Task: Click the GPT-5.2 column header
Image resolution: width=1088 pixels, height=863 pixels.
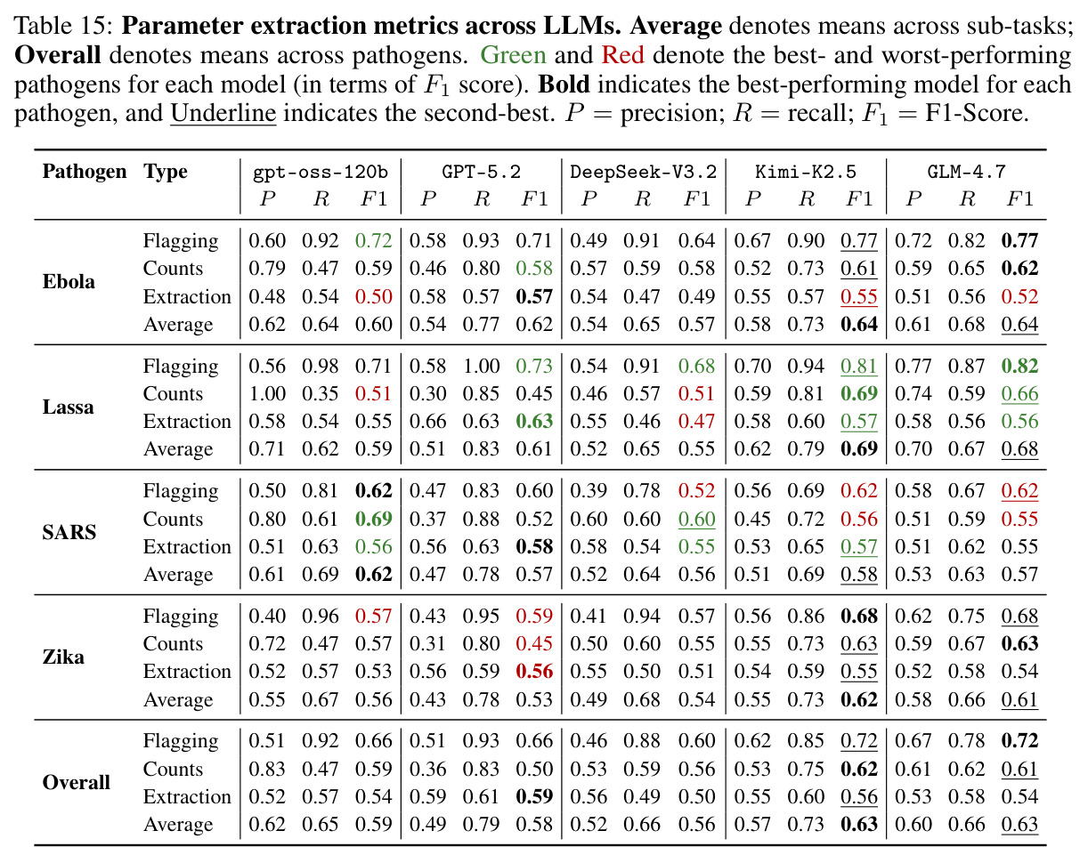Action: (x=481, y=172)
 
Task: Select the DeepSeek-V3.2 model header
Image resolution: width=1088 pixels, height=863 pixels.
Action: (x=643, y=172)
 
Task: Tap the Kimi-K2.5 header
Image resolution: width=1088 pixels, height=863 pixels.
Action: (x=806, y=172)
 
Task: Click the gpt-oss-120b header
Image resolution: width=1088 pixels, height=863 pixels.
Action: (x=320, y=173)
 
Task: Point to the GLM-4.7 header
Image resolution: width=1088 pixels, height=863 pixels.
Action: (x=966, y=172)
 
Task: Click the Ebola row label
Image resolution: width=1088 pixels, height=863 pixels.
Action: (x=69, y=281)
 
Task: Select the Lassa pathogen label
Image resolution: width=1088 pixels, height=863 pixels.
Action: (x=69, y=407)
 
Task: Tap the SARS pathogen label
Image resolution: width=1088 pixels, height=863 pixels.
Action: (x=69, y=532)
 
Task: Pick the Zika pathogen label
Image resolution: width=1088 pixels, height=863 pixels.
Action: (x=63, y=657)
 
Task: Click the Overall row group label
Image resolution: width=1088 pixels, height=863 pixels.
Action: (x=77, y=782)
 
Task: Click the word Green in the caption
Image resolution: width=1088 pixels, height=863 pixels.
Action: (x=513, y=54)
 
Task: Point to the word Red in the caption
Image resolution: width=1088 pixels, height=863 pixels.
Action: (x=623, y=54)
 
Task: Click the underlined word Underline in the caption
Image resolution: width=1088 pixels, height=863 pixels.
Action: (x=223, y=113)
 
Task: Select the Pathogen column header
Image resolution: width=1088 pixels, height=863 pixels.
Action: (x=85, y=172)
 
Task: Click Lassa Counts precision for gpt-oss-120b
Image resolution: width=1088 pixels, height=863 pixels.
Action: (x=267, y=393)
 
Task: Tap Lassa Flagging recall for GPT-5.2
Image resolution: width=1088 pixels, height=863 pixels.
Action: (x=481, y=366)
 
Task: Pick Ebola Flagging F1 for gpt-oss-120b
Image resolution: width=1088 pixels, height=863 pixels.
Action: (x=374, y=240)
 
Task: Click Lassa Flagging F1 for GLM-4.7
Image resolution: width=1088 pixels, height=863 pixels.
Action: (x=1019, y=366)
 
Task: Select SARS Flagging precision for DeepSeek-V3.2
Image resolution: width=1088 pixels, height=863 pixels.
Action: (x=589, y=490)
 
